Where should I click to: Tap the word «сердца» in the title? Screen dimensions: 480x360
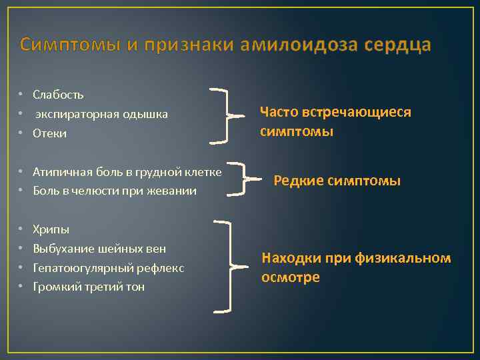pos(399,45)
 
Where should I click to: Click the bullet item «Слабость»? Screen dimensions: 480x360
pos(58,95)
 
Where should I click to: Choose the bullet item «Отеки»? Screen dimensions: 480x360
pos(50,133)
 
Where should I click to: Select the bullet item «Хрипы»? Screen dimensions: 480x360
pos(51,230)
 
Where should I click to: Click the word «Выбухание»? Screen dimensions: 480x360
pos(62,249)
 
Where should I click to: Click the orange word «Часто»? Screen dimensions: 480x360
pos(279,112)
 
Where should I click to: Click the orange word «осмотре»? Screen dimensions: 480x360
pos(291,277)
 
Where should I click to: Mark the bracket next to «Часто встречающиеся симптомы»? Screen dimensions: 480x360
pos(229,114)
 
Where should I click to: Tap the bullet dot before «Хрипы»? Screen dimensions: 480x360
pos(21,230)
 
